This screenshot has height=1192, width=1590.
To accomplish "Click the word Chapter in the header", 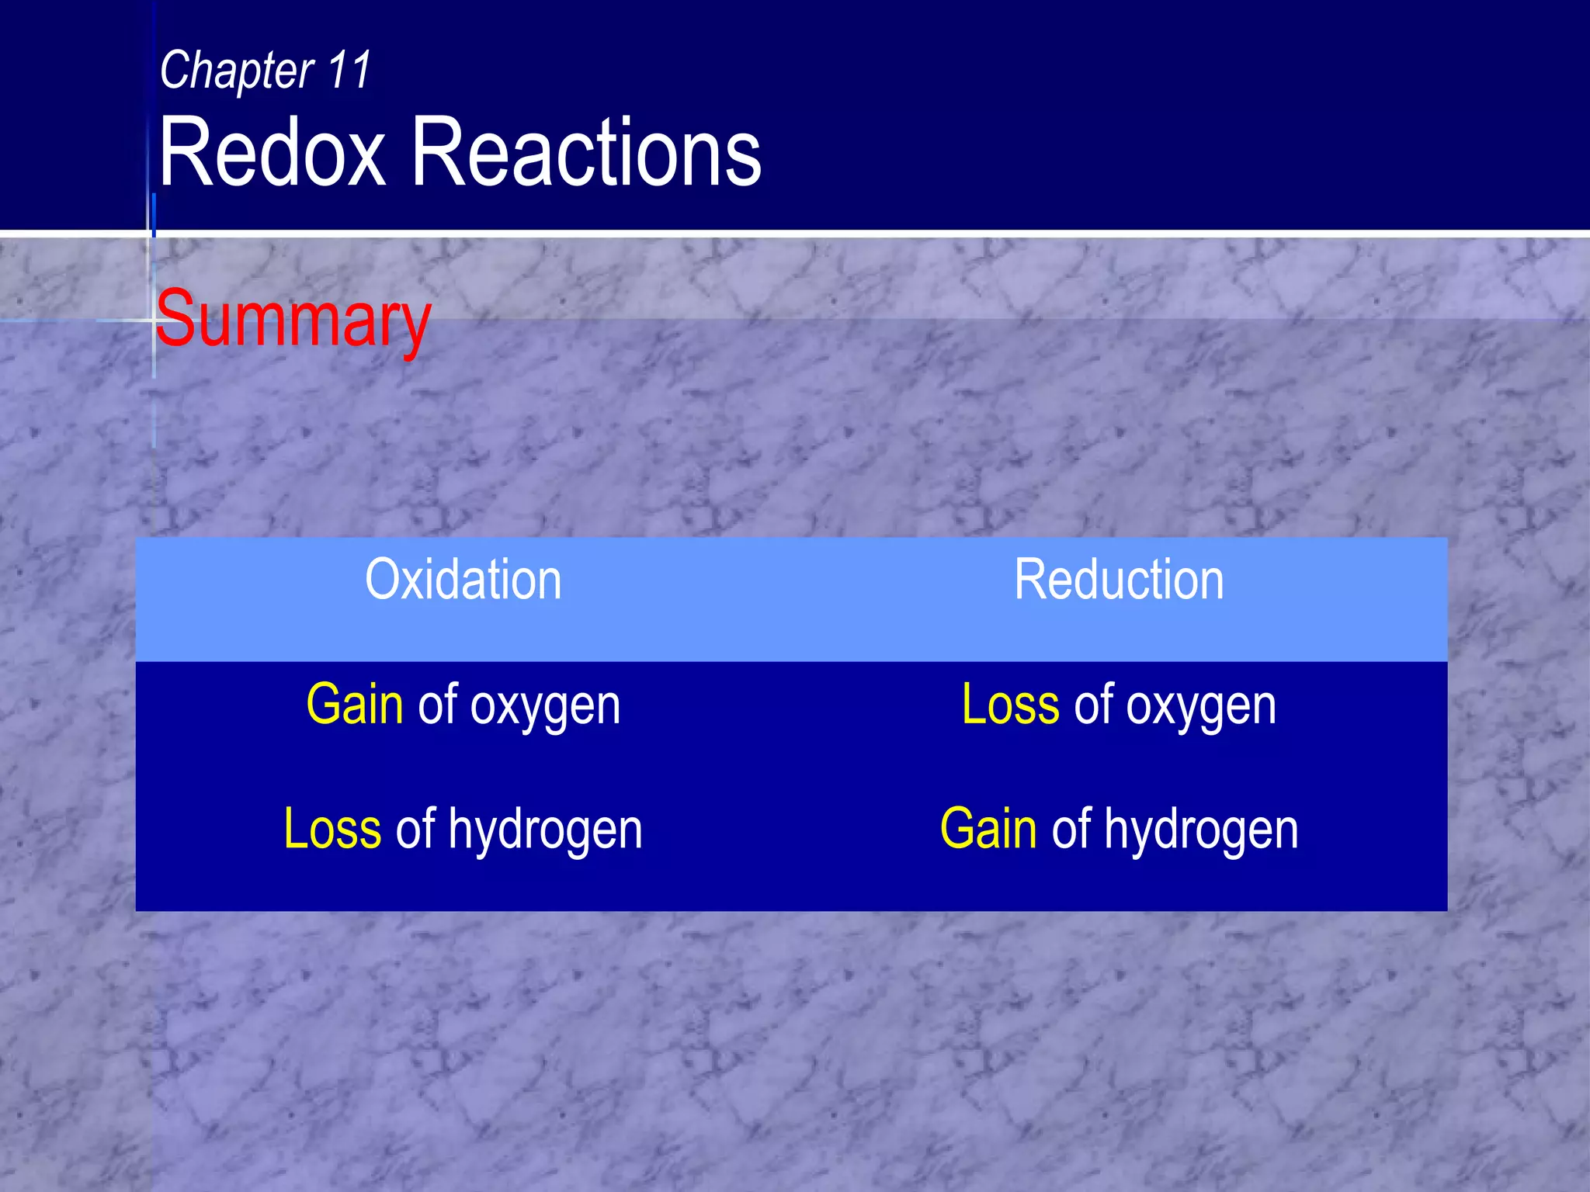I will point(237,71).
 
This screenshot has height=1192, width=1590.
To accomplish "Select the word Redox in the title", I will point(272,152).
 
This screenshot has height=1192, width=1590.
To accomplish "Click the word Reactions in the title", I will point(586,152).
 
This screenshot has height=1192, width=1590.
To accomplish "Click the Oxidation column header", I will point(463,580).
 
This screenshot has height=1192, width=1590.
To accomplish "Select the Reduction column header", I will point(1119,580).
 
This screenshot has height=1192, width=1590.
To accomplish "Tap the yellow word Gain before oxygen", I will point(355,705).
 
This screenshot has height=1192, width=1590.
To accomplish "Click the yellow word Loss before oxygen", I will point(1010,705).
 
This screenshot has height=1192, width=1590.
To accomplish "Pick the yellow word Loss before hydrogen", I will point(332,829).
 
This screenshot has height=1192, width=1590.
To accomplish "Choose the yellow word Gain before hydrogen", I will point(988,829).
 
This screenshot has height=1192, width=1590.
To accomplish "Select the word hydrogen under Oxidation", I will point(545,830).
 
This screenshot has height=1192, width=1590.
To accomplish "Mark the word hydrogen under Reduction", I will point(1201,830).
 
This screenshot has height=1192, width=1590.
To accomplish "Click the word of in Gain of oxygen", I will point(437,705).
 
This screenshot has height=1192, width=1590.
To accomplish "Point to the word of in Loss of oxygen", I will point(1093,705).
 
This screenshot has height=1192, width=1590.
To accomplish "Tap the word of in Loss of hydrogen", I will point(415,829).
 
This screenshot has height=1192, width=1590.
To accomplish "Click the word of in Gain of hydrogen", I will point(1071,829).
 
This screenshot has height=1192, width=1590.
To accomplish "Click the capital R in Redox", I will point(183,152).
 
